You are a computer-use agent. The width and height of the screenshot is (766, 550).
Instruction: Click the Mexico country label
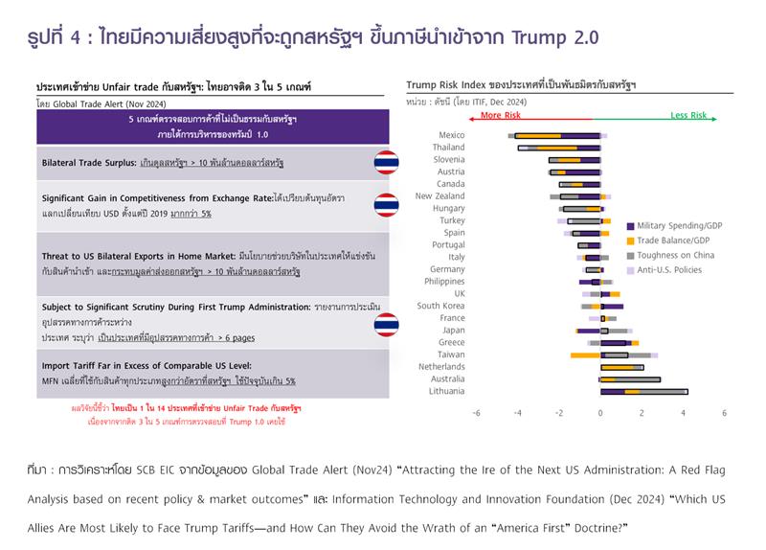tap(451, 135)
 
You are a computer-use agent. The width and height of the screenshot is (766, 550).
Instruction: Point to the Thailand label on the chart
tap(448, 148)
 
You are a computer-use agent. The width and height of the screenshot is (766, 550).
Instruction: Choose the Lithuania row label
tap(446, 391)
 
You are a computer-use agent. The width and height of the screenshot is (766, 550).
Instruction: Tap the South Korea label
tap(440, 306)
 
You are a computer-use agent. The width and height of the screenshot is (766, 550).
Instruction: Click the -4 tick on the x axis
tap(516, 413)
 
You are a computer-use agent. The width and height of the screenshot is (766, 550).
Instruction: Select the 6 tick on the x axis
tap(724, 413)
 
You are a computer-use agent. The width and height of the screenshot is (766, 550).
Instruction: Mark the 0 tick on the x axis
tap(600, 413)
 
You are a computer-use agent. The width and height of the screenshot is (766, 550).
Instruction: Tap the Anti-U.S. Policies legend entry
tap(664, 270)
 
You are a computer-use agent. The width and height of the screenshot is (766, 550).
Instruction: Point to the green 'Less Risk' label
tap(687, 115)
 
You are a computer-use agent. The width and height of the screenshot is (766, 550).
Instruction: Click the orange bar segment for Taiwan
tap(584, 355)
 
